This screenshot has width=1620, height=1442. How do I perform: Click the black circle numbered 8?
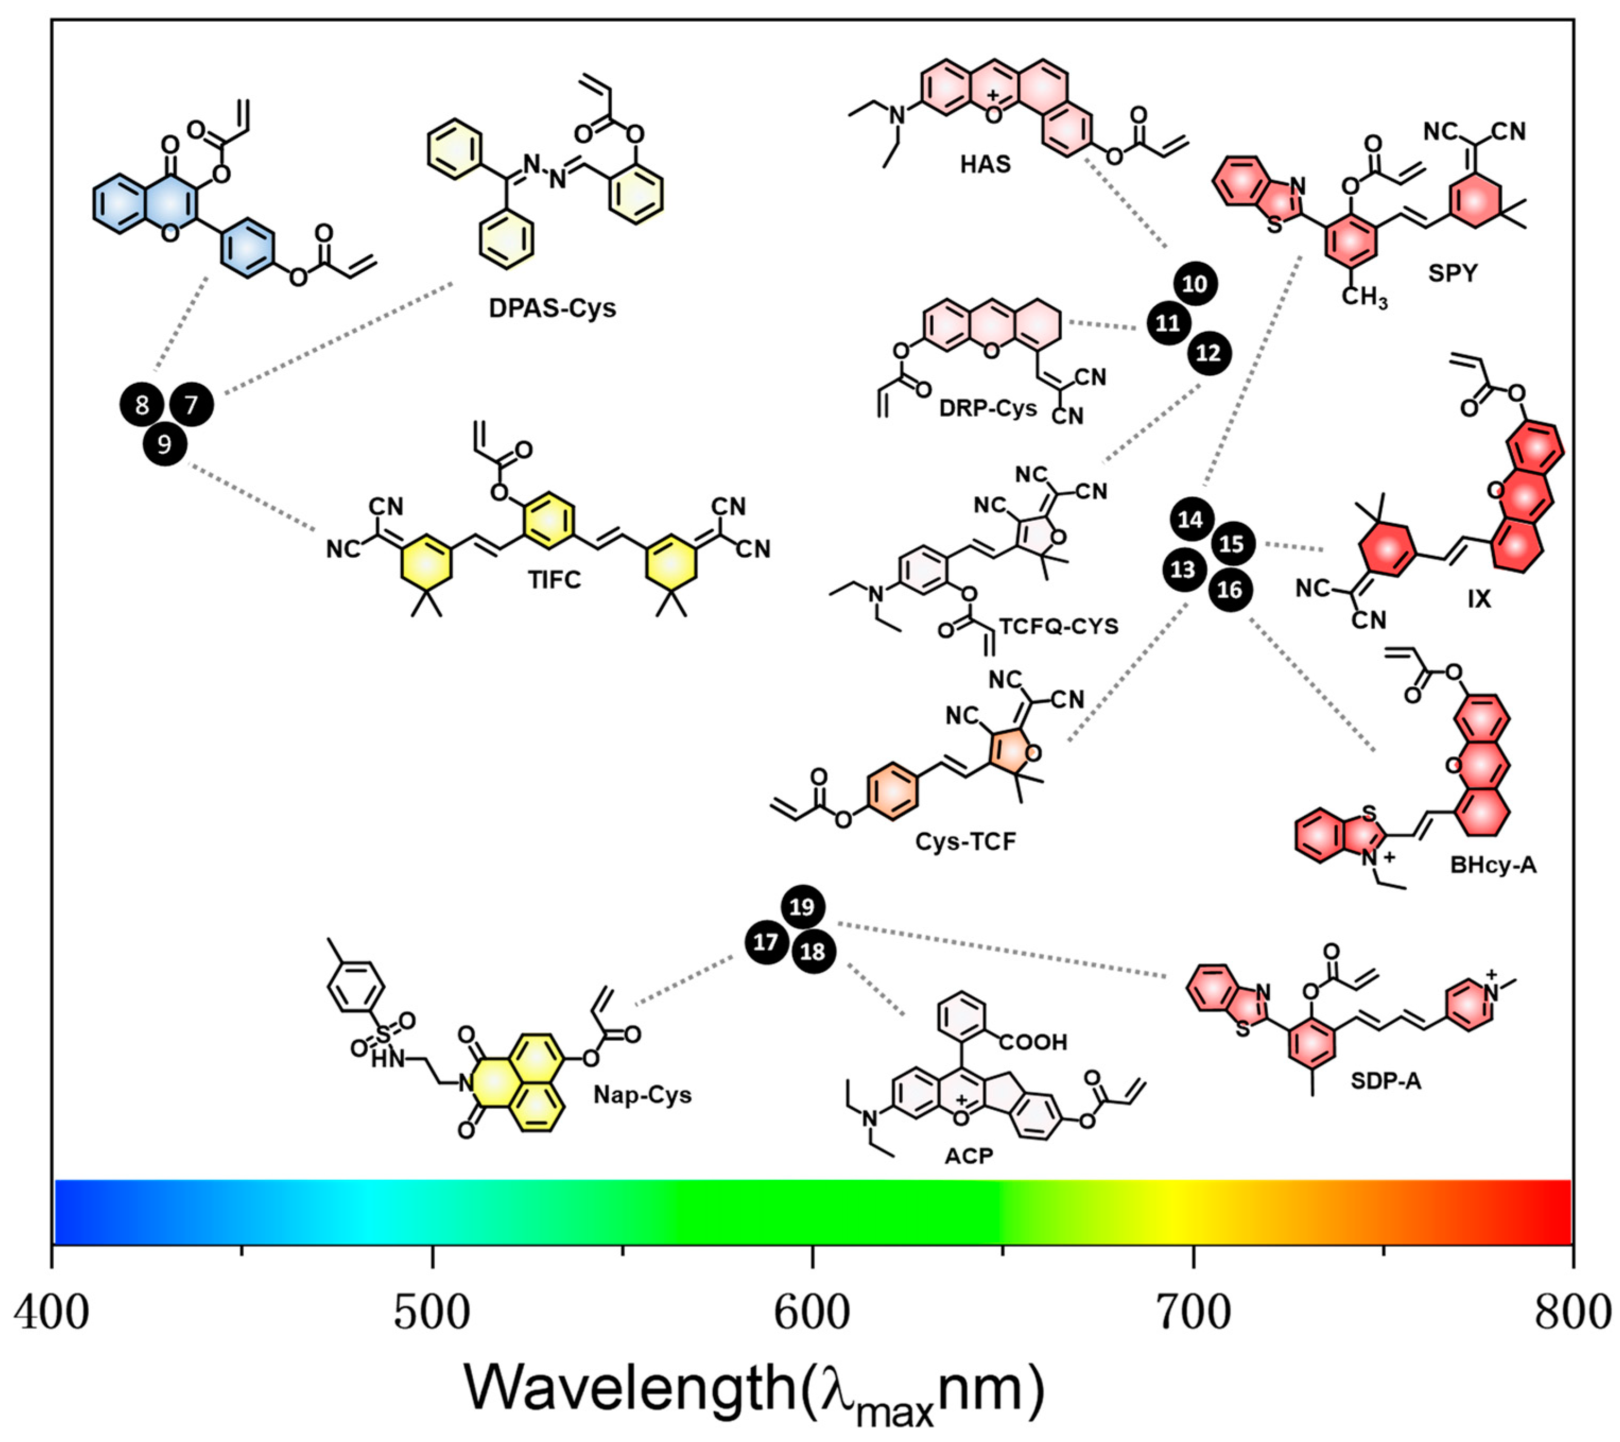(142, 405)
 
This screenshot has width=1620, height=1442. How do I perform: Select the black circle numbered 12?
(1209, 353)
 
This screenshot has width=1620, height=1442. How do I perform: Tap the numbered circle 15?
(1232, 544)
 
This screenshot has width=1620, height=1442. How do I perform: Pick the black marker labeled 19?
(802, 906)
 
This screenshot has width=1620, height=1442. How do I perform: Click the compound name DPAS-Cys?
(552, 308)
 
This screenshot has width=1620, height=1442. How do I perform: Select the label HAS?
(985, 164)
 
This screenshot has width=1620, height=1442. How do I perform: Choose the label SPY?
(1453, 273)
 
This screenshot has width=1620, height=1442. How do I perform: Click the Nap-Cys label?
(642, 1095)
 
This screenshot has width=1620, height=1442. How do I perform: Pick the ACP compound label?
(968, 1156)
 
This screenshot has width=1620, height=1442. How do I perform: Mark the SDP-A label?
(1385, 1081)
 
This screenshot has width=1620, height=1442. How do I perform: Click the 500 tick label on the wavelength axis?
(432, 1314)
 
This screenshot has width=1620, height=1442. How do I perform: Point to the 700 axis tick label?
(1193, 1314)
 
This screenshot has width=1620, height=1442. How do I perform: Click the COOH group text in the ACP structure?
(1032, 1042)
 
